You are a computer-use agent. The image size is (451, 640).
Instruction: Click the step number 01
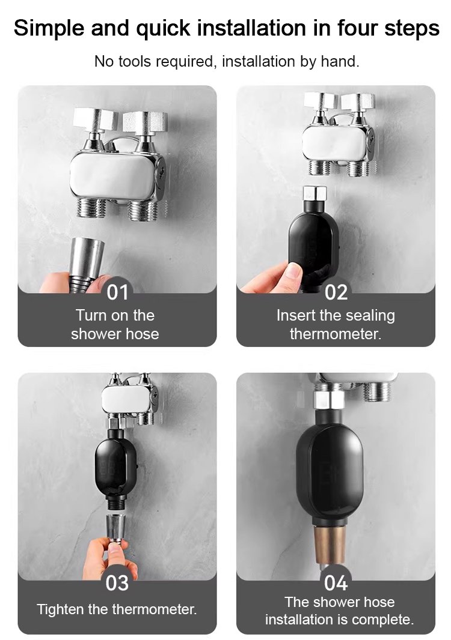click(118, 292)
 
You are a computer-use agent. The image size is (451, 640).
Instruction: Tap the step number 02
click(336, 292)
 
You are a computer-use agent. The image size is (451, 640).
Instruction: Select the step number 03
click(117, 583)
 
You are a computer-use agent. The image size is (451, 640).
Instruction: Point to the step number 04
click(336, 583)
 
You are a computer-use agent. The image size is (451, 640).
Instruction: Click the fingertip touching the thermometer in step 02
click(292, 271)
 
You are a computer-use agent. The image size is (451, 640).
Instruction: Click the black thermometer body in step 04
click(330, 469)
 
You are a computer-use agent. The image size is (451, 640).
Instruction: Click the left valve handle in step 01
click(95, 120)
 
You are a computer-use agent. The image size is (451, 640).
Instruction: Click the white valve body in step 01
click(112, 177)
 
